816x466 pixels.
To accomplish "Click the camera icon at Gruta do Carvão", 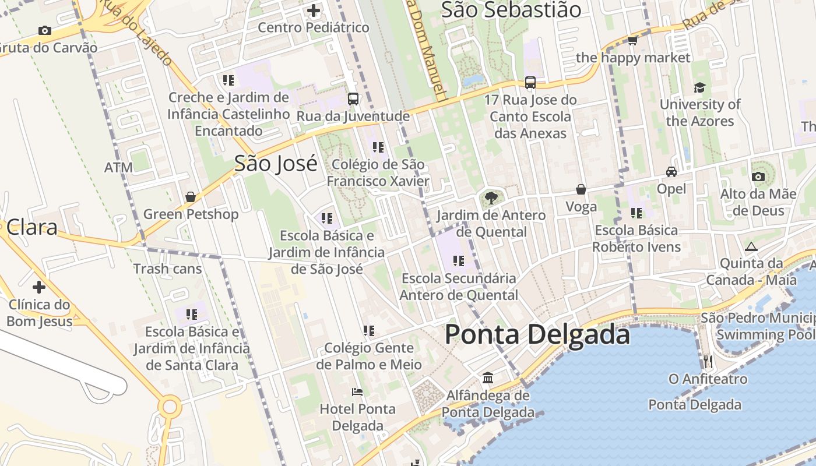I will click(44, 30).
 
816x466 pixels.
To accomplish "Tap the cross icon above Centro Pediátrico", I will click(314, 10).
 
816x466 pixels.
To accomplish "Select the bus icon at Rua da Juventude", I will click(353, 98).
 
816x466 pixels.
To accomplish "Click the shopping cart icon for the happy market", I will click(632, 41).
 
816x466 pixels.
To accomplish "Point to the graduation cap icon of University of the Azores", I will click(699, 87).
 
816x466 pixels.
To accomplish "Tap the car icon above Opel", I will click(671, 172).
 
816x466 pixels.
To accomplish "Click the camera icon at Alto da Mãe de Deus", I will click(758, 176).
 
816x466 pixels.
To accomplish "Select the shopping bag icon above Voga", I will click(581, 189).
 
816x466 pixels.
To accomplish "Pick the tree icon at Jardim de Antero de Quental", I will click(491, 198).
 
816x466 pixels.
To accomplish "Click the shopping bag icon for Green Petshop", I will click(191, 197).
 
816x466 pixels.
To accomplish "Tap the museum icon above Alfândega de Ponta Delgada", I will click(488, 378).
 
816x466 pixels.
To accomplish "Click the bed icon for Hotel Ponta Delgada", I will click(357, 391).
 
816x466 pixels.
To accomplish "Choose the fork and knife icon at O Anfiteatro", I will click(708, 362).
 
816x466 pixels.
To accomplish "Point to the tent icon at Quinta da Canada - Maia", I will click(751, 246).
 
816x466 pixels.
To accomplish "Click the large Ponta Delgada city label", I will click(537, 335).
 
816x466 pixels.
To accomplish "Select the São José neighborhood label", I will click(276, 164).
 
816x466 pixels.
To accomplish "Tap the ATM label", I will click(118, 168).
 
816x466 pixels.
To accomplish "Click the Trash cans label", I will click(167, 269).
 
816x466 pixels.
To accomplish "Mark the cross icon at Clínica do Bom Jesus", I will click(39, 287).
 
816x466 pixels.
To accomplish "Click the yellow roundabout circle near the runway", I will click(170, 406).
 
